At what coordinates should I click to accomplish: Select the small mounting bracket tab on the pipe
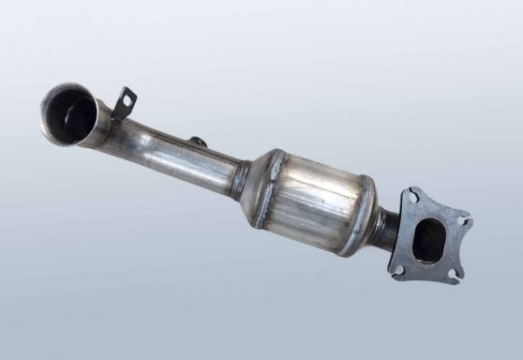(125, 101)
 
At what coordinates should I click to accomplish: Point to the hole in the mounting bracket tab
(127, 97)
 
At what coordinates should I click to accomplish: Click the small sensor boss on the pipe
(197, 142)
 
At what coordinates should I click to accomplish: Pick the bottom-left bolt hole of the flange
(399, 269)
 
